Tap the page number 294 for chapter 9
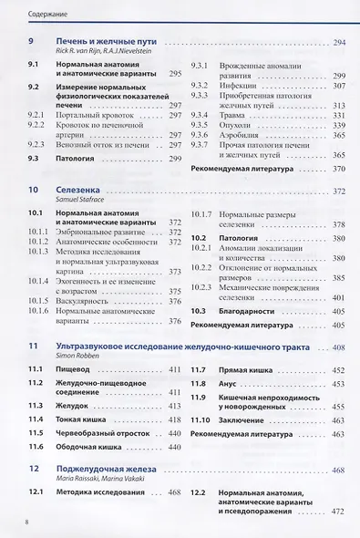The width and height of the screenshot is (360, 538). point(340,43)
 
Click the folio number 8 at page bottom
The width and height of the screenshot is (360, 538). point(28,522)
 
